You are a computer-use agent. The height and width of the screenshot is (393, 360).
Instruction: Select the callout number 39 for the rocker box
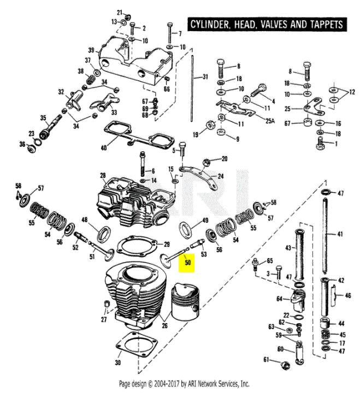coord(91,50)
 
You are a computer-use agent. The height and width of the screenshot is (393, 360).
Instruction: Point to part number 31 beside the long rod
coord(205,76)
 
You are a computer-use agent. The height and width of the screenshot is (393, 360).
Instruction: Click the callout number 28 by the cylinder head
coord(102,175)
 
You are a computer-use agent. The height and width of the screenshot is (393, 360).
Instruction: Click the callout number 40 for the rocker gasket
coord(104,147)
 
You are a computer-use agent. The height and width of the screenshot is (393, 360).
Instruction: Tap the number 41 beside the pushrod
coord(340,235)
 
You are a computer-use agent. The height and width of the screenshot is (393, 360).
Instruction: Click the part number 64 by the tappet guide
coord(279,299)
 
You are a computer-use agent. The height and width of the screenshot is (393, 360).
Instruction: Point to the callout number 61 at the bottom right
coord(267,359)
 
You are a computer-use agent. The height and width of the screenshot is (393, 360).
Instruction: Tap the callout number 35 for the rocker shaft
coord(43,118)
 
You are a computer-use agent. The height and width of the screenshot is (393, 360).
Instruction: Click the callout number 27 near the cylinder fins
coord(104,320)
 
